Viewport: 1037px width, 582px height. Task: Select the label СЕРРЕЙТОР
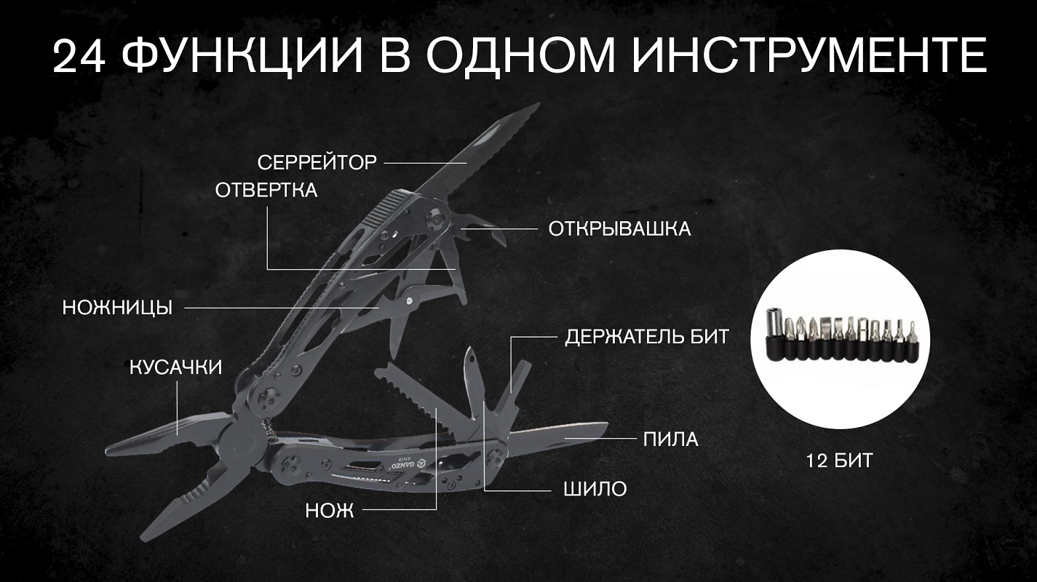[317, 162]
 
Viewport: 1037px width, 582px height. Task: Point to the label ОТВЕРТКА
[266, 190]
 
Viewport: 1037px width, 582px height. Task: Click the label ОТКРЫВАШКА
[619, 229]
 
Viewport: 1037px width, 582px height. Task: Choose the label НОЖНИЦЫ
[117, 308]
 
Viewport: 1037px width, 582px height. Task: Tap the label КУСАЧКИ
[175, 367]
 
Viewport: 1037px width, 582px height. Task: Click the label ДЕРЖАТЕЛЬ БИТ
[647, 337]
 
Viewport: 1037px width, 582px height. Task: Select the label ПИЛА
[671, 439]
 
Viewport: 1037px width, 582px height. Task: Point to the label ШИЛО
[595, 489]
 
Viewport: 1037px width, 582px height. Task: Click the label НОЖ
[330, 511]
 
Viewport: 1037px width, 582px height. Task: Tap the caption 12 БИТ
[839, 461]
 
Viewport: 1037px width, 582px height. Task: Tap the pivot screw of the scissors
[409, 301]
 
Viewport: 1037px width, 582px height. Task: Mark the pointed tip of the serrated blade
[539, 103]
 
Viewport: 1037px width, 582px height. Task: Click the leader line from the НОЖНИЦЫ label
[282, 307]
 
